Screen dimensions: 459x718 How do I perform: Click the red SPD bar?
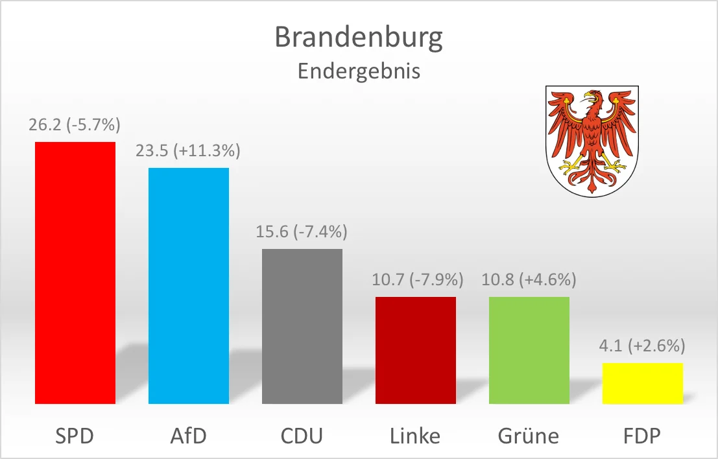pyautogui.click(x=75, y=272)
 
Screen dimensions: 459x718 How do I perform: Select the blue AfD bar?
pyautogui.click(x=189, y=285)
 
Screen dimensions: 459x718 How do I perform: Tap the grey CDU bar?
pyautogui.click(x=302, y=326)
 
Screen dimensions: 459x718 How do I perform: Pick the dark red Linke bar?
pyautogui.click(x=416, y=350)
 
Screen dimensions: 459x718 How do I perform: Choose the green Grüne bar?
pyautogui.click(x=529, y=350)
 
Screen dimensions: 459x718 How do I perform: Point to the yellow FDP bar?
pyautogui.click(x=643, y=383)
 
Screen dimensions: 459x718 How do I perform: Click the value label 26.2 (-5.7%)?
pyautogui.click(x=75, y=124)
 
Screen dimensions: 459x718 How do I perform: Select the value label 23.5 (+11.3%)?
pyautogui.click(x=189, y=151)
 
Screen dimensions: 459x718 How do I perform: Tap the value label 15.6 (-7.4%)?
pyautogui.click(x=302, y=231)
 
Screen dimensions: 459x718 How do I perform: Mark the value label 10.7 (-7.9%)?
pyautogui.click(x=416, y=280)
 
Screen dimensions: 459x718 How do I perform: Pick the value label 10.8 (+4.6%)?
pyautogui.click(x=529, y=280)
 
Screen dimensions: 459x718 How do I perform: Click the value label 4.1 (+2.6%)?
pyautogui.click(x=643, y=346)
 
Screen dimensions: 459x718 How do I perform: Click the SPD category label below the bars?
pyautogui.click(x=75, y=436)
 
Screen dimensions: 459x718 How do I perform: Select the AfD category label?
pyautogui.click(x=189, y=436)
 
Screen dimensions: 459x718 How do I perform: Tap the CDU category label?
pyautogui.click(x=302, y=436)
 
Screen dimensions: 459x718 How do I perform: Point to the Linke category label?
pyautogui.click(x=416, y=436)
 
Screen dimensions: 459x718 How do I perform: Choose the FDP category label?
pyautogui.click(x=643, y=436)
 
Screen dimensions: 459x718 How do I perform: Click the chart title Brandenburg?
pyautogui.click(x=359, y=38)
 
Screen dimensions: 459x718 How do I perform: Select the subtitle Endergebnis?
pyautogui.click(x=359, y=71)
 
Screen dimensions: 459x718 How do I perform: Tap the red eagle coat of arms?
pyautogui.click(x=590, y=140)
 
